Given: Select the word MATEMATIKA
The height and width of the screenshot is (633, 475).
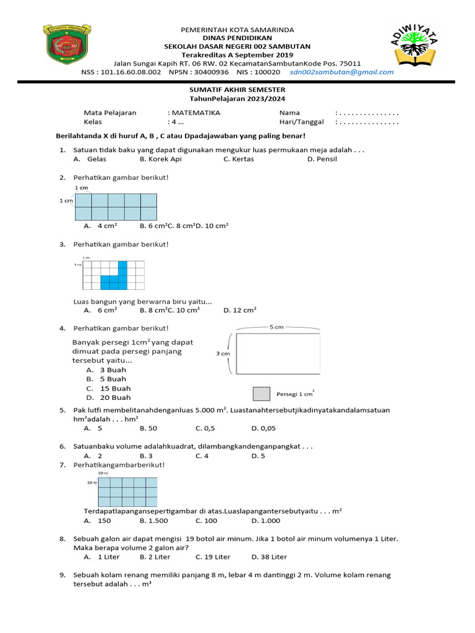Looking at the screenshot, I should tap(195, 113).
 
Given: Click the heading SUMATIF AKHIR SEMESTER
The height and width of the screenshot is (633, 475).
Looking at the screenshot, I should tap(237, 90).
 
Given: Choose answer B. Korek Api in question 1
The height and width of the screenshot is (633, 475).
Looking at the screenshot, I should tap(160, 159).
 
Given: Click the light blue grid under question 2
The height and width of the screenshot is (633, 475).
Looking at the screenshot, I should tap(116, 206).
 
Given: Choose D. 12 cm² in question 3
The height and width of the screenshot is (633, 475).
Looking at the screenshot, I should tap(240, 310).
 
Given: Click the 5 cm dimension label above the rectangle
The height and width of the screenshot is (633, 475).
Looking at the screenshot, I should tap(276, 327).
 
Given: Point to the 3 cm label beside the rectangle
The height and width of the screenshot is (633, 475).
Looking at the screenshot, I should tap(222, 354).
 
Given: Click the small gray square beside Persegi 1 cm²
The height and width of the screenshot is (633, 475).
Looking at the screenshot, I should tap(262, 394).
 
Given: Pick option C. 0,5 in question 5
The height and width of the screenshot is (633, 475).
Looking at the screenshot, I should tap(205, 427).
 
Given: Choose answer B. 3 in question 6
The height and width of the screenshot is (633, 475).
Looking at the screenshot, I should tap(147, 456).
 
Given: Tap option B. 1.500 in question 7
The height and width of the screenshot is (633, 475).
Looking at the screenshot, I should tap(154, 520).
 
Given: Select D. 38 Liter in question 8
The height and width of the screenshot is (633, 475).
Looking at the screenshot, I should tap(269, 556).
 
